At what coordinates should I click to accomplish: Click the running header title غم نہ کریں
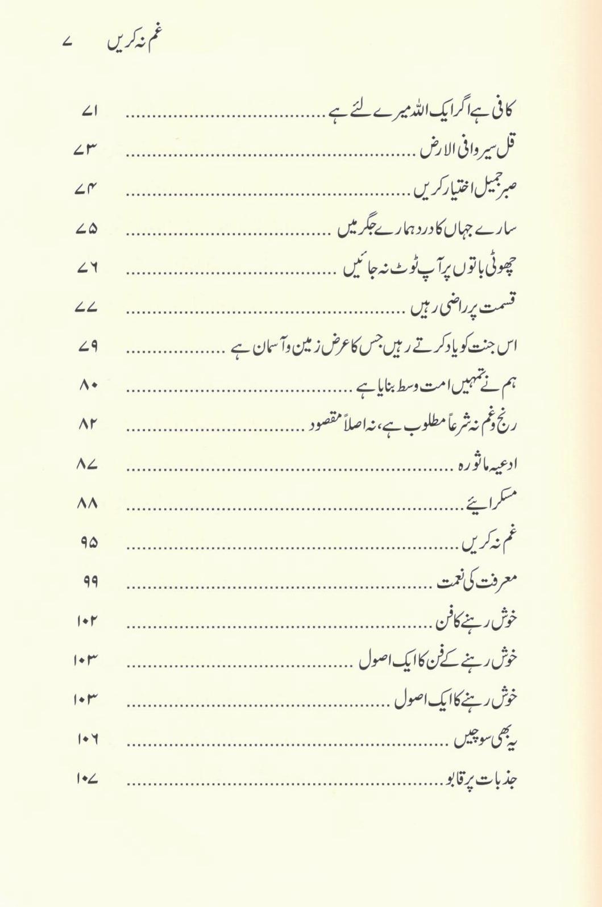(132, 42)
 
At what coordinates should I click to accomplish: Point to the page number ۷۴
(86, 190)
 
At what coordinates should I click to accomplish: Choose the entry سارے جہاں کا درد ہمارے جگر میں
(427, 228)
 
